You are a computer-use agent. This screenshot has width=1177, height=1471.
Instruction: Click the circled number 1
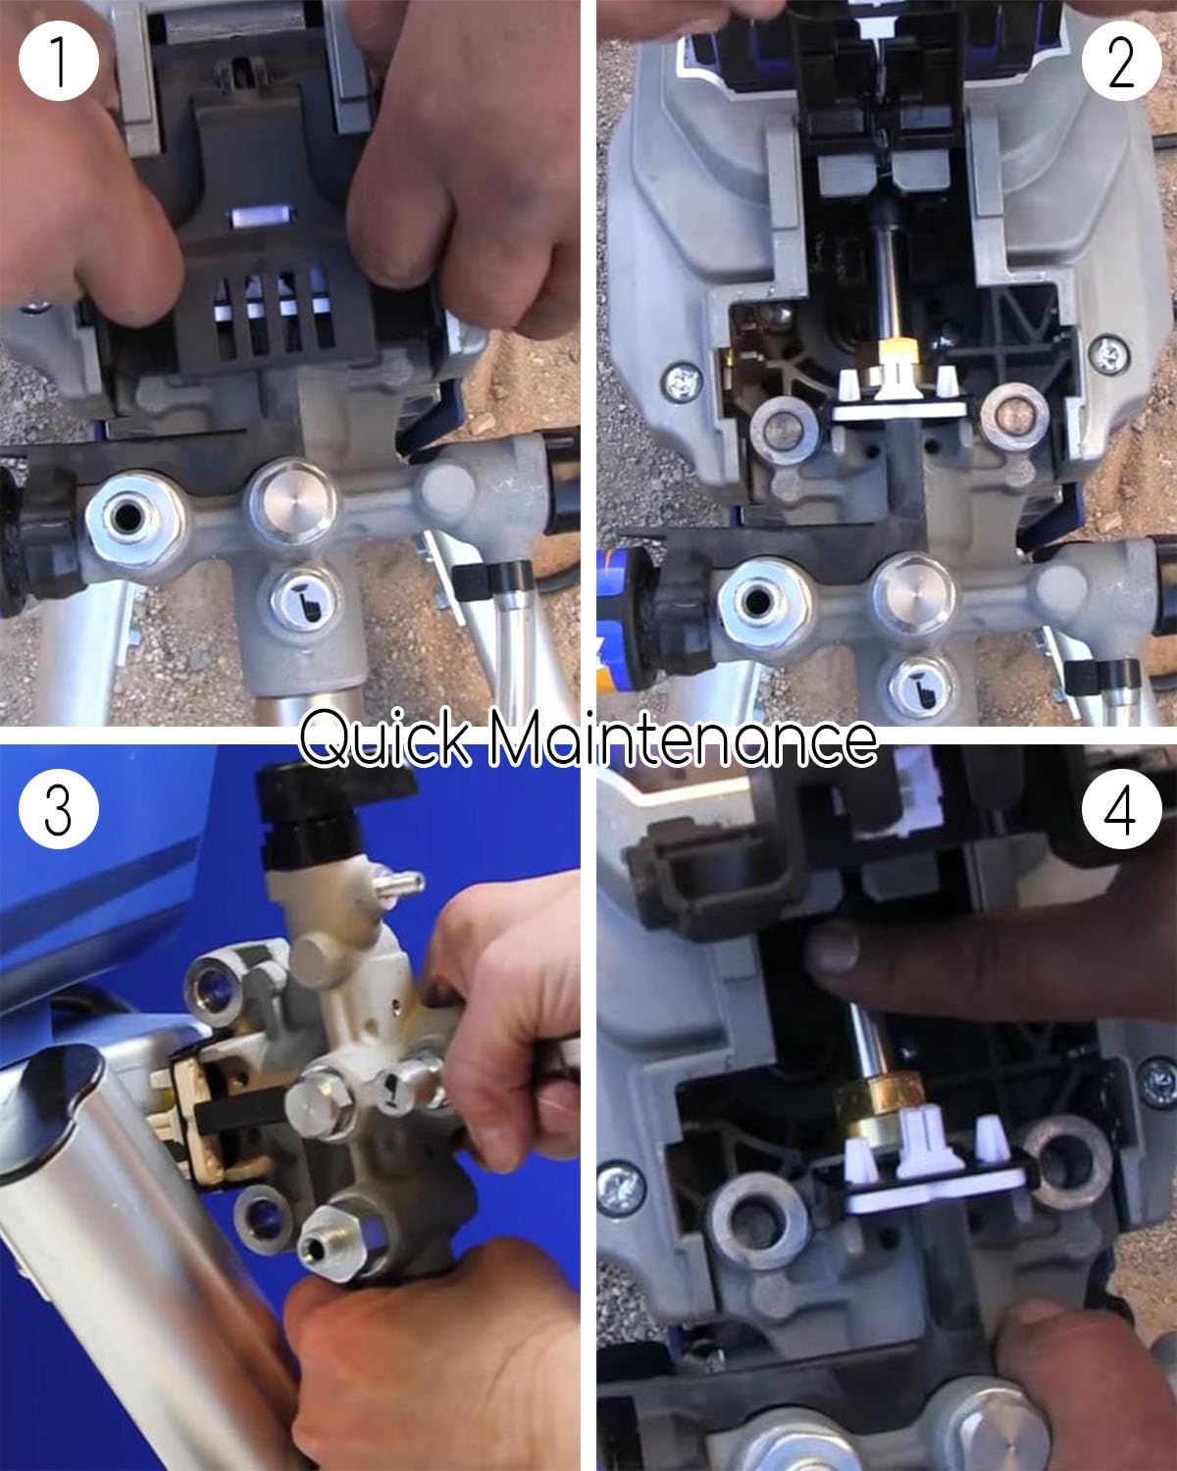[58, 59]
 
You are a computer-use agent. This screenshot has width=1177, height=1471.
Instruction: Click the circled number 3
[58, 811]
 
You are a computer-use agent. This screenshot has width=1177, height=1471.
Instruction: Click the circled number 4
[1120, 811]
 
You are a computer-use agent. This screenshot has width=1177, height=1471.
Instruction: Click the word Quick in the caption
[387, 740]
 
